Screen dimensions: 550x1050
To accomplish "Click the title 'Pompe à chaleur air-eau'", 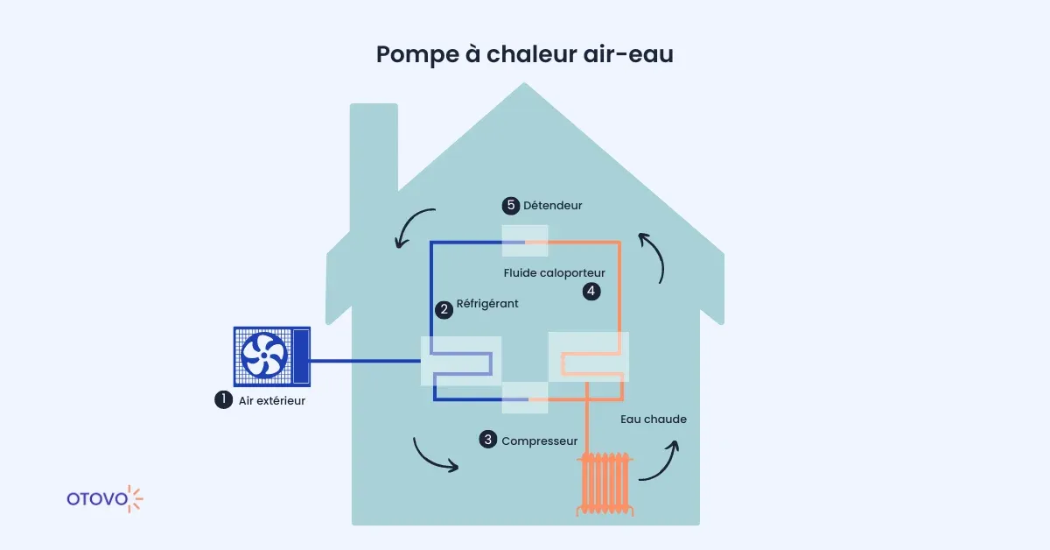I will [x=524, y=53].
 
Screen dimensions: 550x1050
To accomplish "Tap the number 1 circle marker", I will [x=223, y=399].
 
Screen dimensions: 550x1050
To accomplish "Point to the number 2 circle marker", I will [x=444, y=308].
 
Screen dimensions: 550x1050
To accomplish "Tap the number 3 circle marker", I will [x=487, y=440].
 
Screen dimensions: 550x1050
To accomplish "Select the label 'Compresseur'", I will [x=539, y=441].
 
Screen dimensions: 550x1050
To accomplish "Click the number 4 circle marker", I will [x=591, y=291].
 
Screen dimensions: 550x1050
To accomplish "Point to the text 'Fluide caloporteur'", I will [x=554, y=273].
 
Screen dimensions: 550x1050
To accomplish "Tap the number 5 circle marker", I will [x=510, y=206].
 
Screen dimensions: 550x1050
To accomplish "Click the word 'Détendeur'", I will [x=552, y=206].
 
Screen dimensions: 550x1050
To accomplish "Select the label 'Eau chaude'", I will [x=653, y=420].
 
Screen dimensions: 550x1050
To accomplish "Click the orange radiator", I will [x=604, y=483].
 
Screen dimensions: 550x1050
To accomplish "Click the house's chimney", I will [x=374, y=158].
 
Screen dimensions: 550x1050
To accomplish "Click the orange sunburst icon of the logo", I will [x=135, y=498].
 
